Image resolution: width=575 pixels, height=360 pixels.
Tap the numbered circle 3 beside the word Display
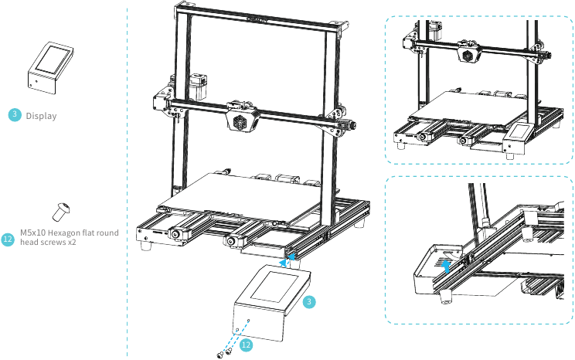pyautogui.click(x=15, y=115)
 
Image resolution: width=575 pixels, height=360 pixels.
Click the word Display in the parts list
pyautogui.click(x=41, y=116)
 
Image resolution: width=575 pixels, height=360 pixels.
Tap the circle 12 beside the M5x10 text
pyautogui.click(x=9, y=239)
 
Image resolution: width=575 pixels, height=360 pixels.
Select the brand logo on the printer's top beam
pyautogui.click(x=257, y=21)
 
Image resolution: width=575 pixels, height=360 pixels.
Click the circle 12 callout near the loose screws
pyautogui.click(x=246, y=344)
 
